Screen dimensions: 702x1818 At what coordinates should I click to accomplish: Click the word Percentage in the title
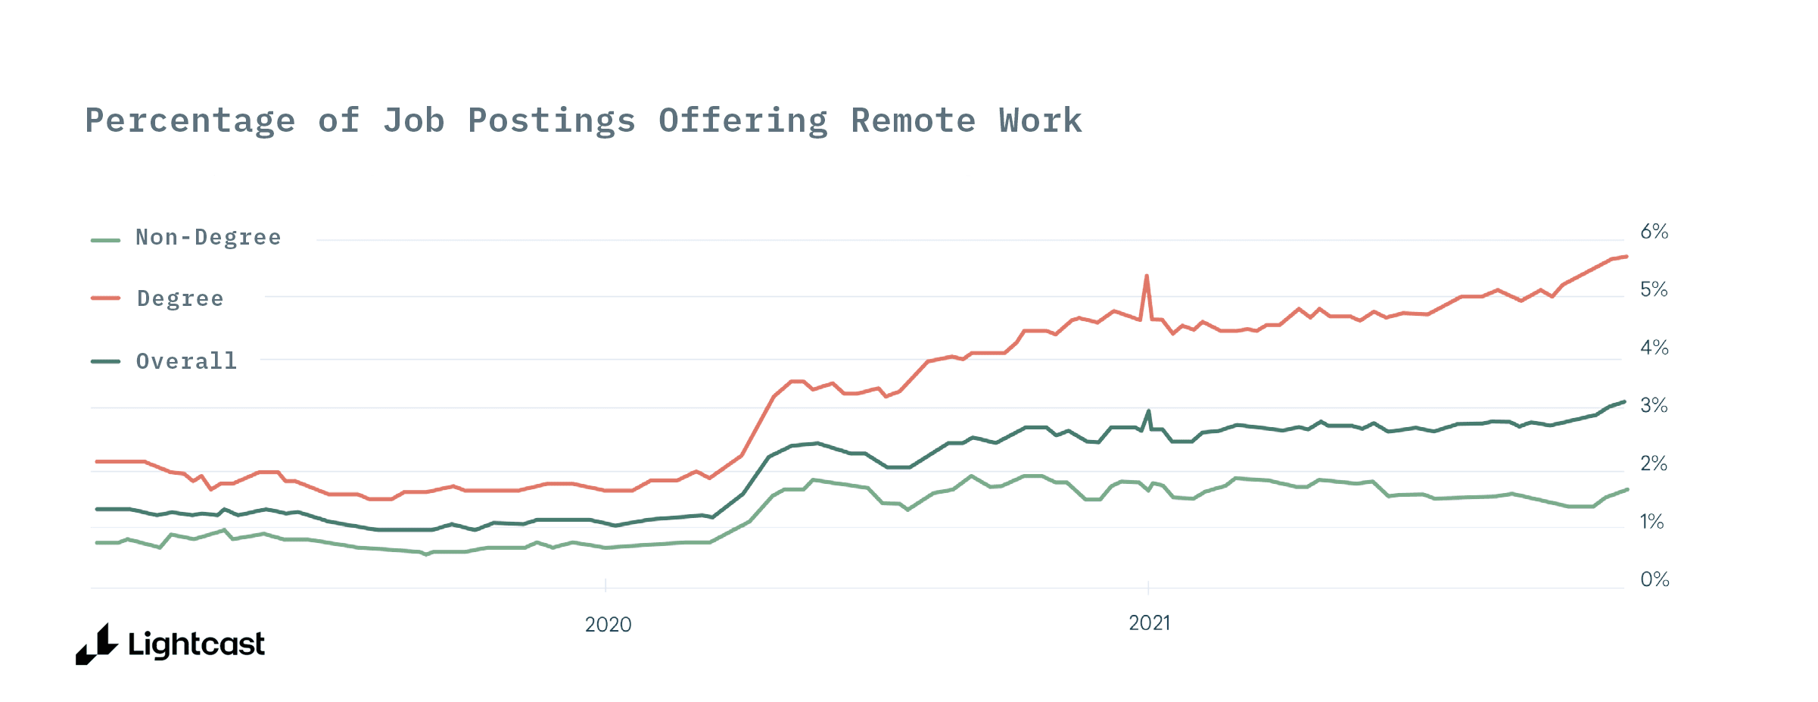190,121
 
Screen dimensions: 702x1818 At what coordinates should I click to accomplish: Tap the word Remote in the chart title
914,121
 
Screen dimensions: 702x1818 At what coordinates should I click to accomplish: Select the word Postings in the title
552,121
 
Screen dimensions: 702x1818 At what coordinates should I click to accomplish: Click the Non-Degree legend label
208,238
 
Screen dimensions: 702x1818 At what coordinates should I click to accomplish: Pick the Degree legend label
180,299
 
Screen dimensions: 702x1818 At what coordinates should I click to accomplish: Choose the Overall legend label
186,361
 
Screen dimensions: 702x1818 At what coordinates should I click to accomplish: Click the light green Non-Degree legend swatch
105,240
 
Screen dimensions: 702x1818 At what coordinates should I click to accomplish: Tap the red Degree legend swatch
105,298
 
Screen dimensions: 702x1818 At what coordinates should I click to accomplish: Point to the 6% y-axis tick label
1654,232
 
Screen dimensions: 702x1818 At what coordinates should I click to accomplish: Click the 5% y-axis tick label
1654,289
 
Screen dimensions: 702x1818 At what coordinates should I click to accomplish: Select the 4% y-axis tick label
1654,348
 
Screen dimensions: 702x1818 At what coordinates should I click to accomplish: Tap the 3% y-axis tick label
1654,406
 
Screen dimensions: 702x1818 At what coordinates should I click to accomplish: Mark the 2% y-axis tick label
1654,463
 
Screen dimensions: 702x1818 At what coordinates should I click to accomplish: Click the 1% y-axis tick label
1652,522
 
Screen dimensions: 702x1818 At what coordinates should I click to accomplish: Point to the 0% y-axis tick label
1655,579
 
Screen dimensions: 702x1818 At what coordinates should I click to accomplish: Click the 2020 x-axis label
608,625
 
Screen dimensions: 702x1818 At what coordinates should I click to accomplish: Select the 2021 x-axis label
1149,623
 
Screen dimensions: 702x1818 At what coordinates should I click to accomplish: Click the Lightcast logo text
196,645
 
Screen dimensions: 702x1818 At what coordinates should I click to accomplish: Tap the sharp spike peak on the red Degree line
1147,276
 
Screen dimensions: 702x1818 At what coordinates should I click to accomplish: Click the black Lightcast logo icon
97,645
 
